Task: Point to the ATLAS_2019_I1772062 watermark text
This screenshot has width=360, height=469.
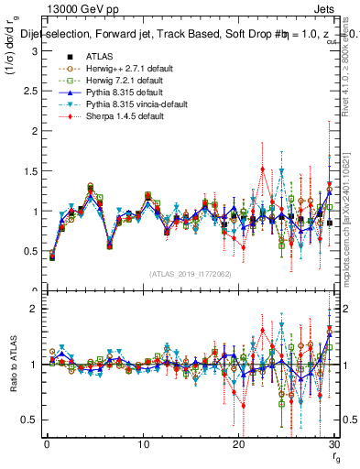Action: (191, 274)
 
